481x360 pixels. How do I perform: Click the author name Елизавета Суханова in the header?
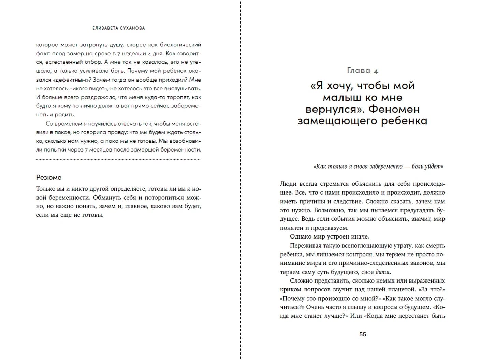pyautogui.click(x=118, y=28)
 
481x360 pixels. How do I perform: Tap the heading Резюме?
pyautogui.click(x=49, y=177)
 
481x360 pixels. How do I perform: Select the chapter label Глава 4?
pyautogui.click(x=362, y=71)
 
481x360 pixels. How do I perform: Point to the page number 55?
pyautogui.click(x=363, y=334)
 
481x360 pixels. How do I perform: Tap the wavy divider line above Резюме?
pyautogui.click(x=118, y=159)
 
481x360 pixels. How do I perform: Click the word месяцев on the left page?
pyautogui.click(x=100, y=149)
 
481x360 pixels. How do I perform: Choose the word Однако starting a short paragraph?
pyautogui.click(x=300, y=237)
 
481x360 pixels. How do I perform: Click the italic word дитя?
pyautogui.click(x=382, y=272)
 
